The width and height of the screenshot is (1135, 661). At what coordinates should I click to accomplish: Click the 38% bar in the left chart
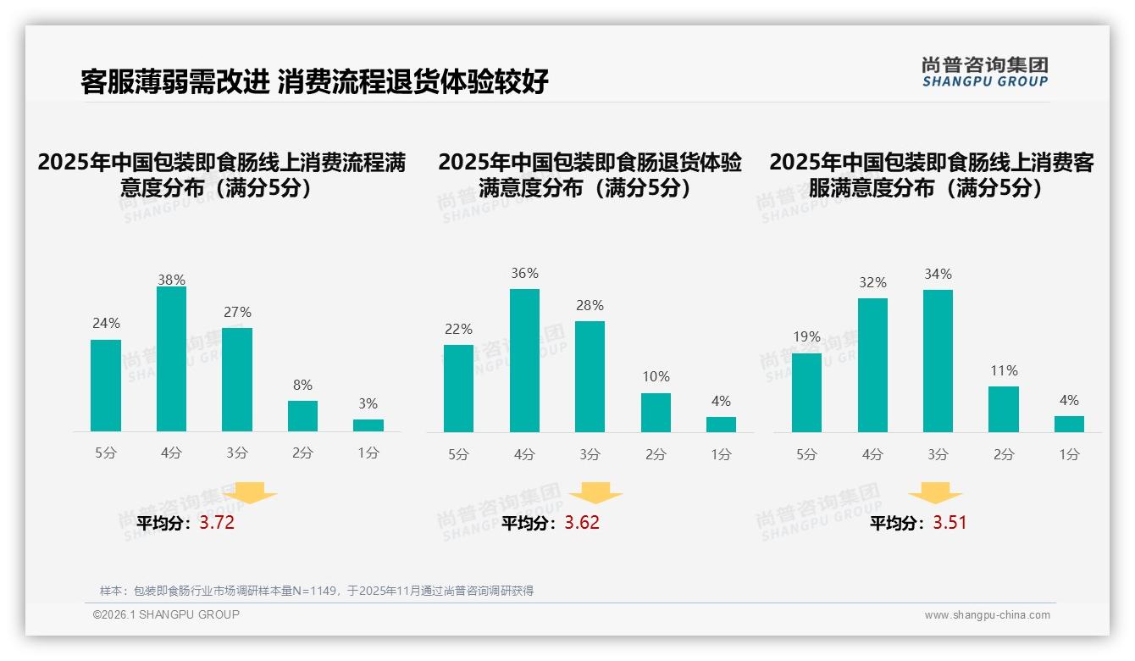coord(171,359)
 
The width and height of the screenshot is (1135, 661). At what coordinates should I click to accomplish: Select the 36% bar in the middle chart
coord(524,361)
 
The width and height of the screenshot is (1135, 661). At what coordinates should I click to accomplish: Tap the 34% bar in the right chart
coord(938,361)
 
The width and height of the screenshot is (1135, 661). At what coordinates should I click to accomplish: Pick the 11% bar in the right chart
coord(1004,409)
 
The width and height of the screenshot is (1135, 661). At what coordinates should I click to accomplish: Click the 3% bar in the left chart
coord(368,425)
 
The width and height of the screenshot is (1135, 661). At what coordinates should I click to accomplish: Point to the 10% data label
coord(656,376)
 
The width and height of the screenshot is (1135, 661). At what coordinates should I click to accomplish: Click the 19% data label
coord(807,336)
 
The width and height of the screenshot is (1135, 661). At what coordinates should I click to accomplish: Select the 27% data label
coord(237,312)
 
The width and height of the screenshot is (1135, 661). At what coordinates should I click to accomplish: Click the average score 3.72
coord(217,523)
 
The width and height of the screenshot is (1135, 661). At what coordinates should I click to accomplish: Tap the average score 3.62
coord(582,523)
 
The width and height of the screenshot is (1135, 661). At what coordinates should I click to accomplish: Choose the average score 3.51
coord(950,523)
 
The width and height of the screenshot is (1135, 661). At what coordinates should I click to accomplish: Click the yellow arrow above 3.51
coord(935,493)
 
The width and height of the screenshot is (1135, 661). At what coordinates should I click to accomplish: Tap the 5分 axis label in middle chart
coord(458,455)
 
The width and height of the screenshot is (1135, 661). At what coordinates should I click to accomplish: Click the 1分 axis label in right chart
coord(1069,455)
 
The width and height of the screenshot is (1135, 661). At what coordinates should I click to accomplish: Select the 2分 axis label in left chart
coord(302,453)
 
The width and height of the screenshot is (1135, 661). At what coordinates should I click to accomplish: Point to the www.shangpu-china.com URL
coord(987,615)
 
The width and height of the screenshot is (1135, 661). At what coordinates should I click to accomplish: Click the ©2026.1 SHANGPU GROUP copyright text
coord(166,614)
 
